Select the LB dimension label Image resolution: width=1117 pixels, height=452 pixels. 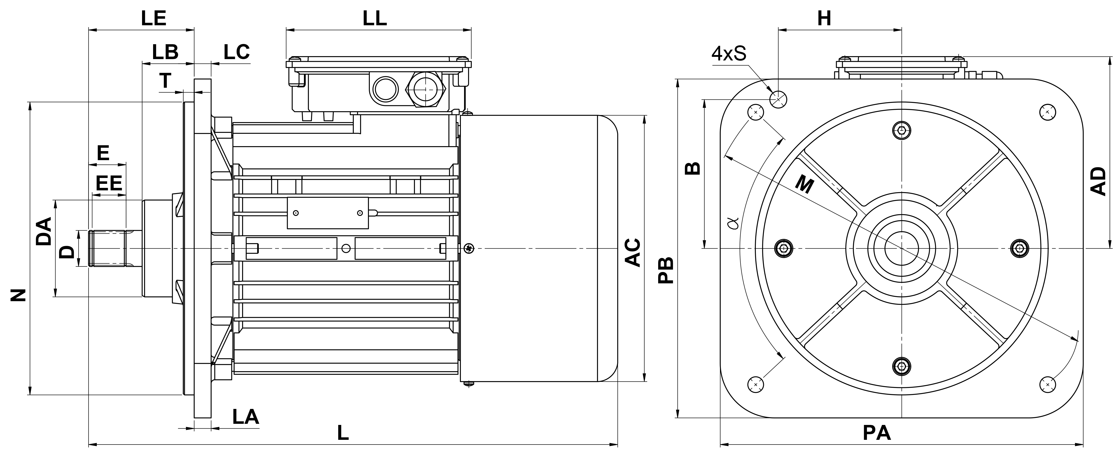(x=165, y=52)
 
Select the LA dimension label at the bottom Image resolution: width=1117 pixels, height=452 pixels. (x=245, y=417)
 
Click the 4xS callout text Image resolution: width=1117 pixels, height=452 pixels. (x=729, y=53)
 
